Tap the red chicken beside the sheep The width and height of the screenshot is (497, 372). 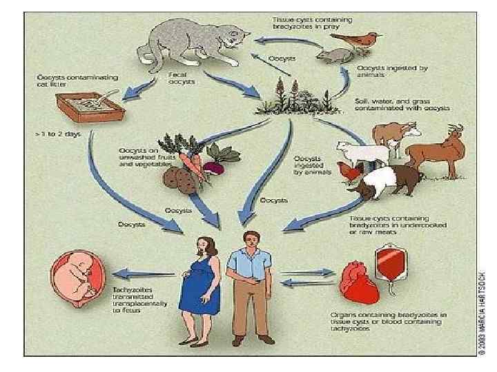pos(354,175)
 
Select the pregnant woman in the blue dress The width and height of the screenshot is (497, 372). pos(201,282)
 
